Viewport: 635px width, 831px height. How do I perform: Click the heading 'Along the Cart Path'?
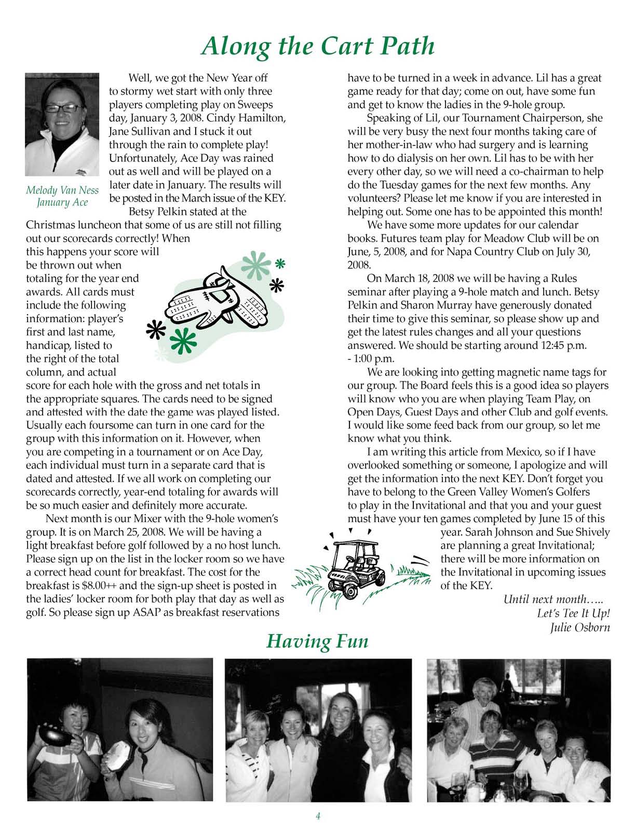click(x=317, y=46)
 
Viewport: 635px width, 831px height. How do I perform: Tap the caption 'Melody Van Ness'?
click(x=62, y=190)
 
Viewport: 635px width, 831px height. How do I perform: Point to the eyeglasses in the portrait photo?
click(x=63, y=108)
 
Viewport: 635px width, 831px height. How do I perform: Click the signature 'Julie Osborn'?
click(x=579, y=627)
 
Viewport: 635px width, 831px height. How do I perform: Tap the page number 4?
click(x=318, y=816)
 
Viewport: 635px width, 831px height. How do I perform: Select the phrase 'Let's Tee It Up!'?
click(x=573, y=613)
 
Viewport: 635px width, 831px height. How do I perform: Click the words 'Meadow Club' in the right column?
click(x=526, y=238)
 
